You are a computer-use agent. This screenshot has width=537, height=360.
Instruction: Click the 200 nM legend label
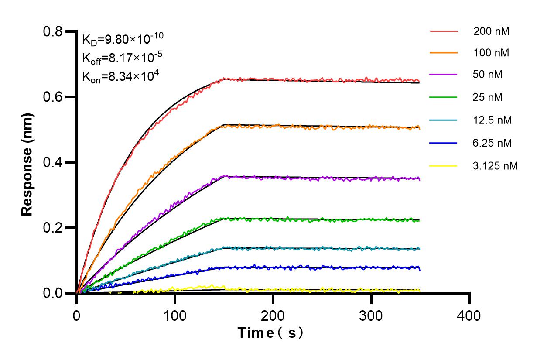click(491, 31)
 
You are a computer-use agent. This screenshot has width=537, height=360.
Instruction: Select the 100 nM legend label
click(491, 53)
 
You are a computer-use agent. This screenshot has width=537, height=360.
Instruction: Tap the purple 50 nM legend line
click(444, 75)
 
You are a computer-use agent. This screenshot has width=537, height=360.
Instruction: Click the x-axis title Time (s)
click(270, 333)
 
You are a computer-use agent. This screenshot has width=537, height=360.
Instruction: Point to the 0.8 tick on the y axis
click(53, 31)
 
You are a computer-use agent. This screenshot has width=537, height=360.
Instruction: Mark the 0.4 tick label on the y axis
click(53, 162)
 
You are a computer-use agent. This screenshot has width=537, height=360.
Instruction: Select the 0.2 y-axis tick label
click(53, 228)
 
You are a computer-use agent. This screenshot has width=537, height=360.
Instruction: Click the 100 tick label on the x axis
click(175, 315)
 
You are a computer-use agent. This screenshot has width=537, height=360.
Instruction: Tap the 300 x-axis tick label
click(371, 315)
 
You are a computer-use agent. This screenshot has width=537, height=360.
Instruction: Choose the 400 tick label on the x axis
click(469, 315)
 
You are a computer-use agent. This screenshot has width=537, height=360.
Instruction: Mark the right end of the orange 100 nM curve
click(419, 128)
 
